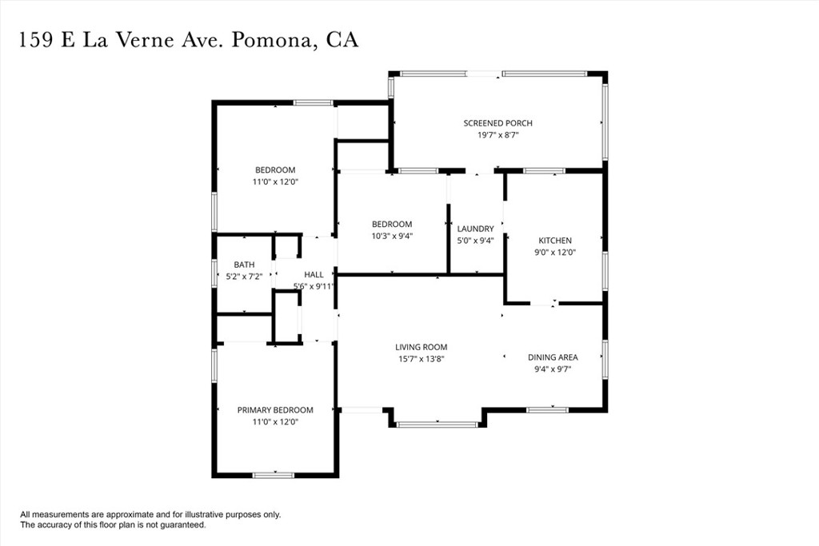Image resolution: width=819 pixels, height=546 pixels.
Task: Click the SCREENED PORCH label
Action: pyautogui.click(x=497, y=123)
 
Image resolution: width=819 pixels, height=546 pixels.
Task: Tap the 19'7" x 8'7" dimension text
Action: pyautogui.click(x=497, y=135)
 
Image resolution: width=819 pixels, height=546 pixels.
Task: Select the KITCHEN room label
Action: pyautogui.click(x=555, y=241)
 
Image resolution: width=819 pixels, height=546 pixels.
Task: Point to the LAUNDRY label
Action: pyautogui.click(x=475, y=229)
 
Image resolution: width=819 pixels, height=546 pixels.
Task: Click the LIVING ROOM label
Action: pyautogui.click(x=421, y=347)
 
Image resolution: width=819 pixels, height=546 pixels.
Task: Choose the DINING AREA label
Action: pyautogui.click(x=553, y=357)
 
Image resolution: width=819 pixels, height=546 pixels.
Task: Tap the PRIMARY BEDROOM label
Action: pyautogui.click(x=275, y=410)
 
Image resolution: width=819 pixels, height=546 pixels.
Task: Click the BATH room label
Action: pyautogui.click(x=244, y=265)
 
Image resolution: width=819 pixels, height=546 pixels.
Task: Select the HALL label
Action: pyautogui.click(x=314, y=274)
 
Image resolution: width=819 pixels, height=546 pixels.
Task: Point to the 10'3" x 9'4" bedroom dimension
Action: pyautogui.click(x=392, y=236)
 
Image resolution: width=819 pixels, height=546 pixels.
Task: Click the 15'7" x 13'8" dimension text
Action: pyautogui.click(x=421, y=359)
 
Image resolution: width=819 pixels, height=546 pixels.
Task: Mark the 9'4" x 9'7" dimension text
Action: pyautogui.click(x=553, y=369)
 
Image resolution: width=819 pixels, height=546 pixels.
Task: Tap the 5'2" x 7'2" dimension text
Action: pyautogui.click(x=244, y=277)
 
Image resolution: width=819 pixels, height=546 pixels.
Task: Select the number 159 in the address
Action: pyautogui.click(x=36, y=40)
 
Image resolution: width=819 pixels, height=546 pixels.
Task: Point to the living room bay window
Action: pyautogui.click(x=437, y=424)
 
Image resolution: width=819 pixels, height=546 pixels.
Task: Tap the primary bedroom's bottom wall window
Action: pyautogui.click(x=274, y=475)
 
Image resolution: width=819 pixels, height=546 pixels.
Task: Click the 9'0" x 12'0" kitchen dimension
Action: pyautogui.click(x=555, y=253)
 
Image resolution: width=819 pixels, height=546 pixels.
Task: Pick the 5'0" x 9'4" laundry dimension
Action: pyautogui.click(x=475, y=241)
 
